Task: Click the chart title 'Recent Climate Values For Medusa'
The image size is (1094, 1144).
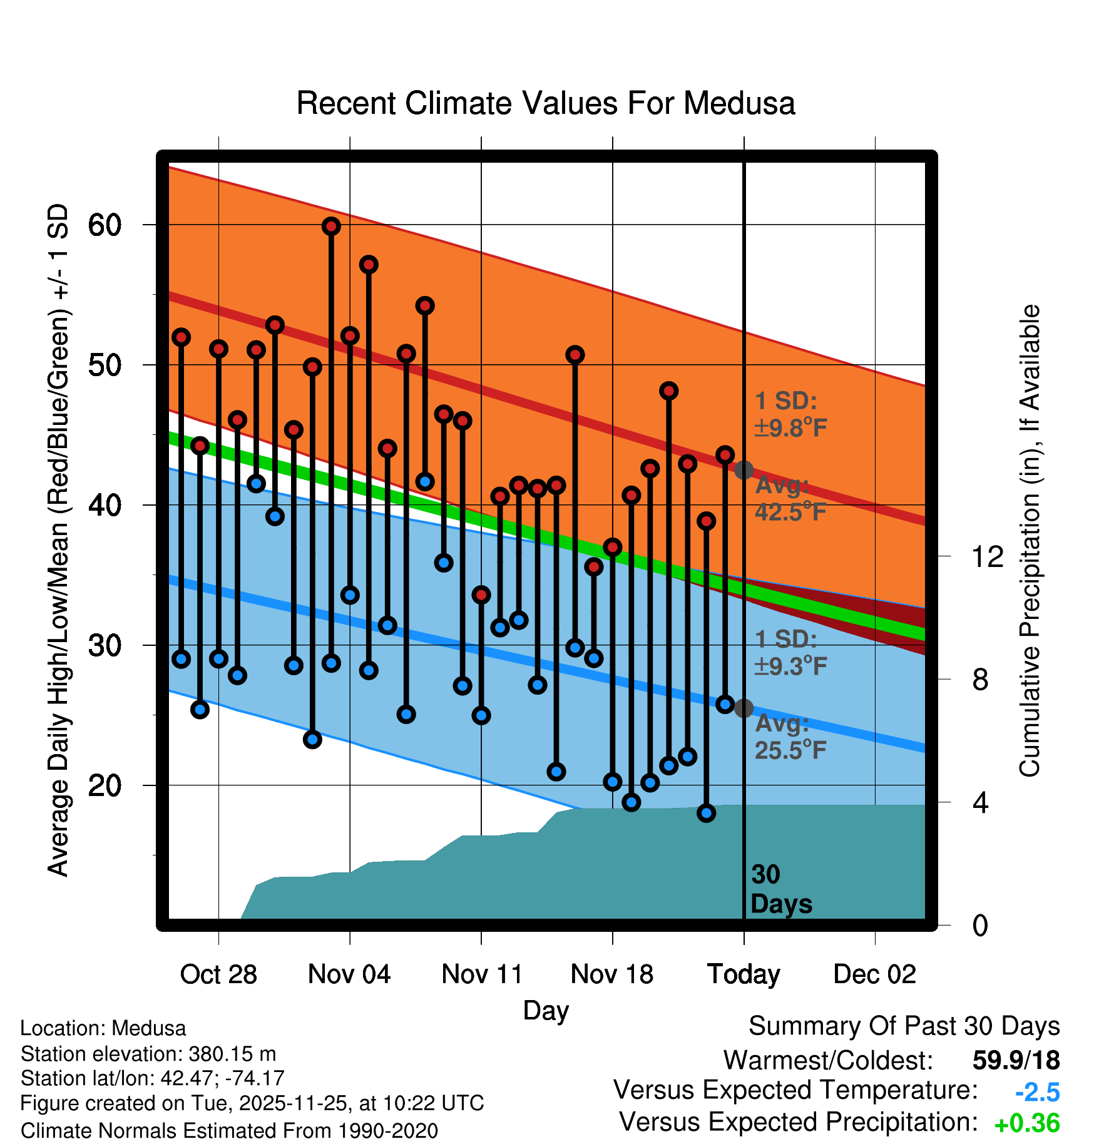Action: pyautogui.click(x=546, y=103)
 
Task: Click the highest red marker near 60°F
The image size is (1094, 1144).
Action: pyautogui.click(x=331, y=227)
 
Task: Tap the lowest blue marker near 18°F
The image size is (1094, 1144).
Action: pyautogui.click(x=707, y=813)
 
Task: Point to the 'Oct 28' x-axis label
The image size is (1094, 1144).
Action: pyautogui.click(x=218, y=974)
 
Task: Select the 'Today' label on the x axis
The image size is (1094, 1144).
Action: pyautogui.click(x=744, y=974)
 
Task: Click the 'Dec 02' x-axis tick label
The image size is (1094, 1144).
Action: pyautogui.click(x=874, y=974)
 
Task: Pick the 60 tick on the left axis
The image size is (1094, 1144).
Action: pyautogui.click(x=105, y=225)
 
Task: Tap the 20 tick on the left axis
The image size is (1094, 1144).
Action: pyautogui.click(x=105, y=785)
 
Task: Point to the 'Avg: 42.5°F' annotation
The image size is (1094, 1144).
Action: pyautogui.click(x=790, y=499)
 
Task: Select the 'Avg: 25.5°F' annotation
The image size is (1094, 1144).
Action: pyautogui.click(x=790, y=737)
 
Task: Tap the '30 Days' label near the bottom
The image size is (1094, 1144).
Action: pyautogui.click(x=780, y=889)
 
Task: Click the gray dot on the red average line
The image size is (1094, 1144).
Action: pyautogui.click(x=744, y=470)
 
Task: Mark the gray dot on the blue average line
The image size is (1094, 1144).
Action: pyautogui.click(x=744, y=708)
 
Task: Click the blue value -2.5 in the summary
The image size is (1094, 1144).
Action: pyautogui.click(x=1037, y=1092)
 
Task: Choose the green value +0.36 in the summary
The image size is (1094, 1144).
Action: pyautogui.click(x=1026, y=1123)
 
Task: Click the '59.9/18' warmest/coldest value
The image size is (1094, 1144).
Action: pyautogui.click(x=1016, y=1060)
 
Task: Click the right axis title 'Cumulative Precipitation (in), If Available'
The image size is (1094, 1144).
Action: pyautogui.click(x=1030, y=541)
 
